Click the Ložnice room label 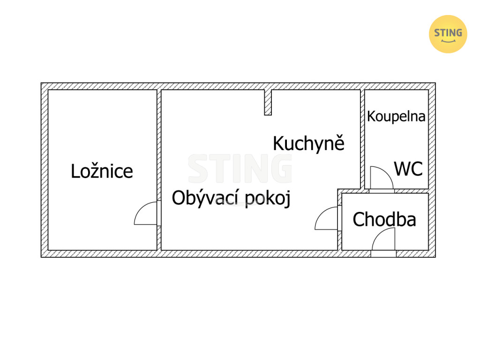(102, 171)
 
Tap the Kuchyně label (308, 143)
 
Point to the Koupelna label (396, 116)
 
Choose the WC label (408, 169)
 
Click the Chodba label (384, 219)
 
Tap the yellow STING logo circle (448, 34)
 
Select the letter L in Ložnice (75, 171)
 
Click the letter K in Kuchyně (278, 143)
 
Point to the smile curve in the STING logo (448, 41)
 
